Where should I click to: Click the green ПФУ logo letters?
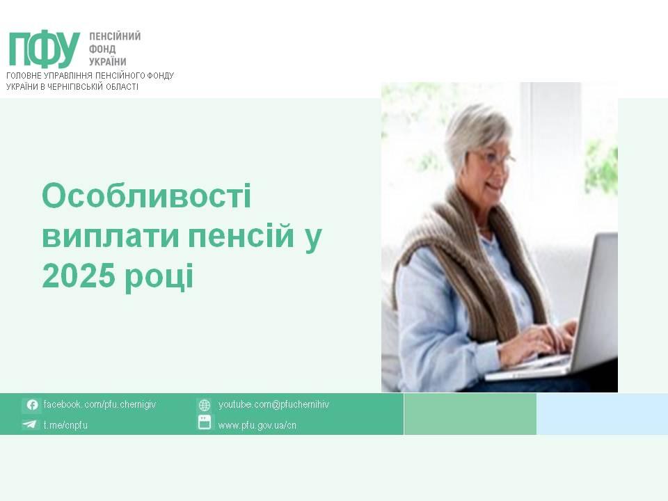point(45,49)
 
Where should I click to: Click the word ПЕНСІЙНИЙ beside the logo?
point(115,36)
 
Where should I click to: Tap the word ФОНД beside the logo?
point(102,49)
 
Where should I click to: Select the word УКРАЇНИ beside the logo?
point(108,61)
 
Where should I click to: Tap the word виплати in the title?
point(111,237)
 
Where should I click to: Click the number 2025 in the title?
point(79,276)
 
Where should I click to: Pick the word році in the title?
point(159,278)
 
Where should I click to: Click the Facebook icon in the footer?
point(32,405)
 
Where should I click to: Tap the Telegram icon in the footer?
point(30,424)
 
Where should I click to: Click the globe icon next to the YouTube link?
point(205,405)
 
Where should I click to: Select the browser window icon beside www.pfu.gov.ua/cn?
point(205,422)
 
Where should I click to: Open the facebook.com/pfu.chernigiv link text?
point(100,404)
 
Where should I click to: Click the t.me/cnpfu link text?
point(65,424)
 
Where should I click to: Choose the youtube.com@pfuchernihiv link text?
point(274,404)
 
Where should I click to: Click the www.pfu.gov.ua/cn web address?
point(257,425)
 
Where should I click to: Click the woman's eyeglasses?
point(496,159)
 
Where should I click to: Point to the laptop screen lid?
point(596,303)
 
